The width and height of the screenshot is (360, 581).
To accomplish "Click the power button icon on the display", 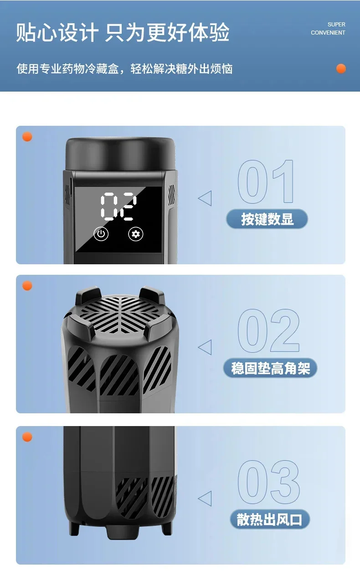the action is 101,234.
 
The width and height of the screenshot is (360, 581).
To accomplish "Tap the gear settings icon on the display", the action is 136,234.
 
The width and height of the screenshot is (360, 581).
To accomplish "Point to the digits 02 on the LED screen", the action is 118,207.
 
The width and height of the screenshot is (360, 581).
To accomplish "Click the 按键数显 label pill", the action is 267,219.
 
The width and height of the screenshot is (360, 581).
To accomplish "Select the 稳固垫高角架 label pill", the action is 270,368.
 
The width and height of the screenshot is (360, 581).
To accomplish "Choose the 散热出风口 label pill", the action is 270,519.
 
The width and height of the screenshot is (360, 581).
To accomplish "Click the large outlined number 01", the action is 266,181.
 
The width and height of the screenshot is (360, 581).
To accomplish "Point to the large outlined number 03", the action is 269,482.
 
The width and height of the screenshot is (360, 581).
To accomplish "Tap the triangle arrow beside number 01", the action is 205,198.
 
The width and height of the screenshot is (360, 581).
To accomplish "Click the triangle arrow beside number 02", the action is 205,347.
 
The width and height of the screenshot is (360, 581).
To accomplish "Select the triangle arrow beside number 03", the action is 205,498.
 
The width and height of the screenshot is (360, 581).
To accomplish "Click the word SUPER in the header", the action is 336,25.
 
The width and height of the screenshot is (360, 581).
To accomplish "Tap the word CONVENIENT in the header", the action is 328,33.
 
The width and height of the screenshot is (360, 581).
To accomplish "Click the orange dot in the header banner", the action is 341,69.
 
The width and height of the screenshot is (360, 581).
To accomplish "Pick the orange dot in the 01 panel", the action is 27,137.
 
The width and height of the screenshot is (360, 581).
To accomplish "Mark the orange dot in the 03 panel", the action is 27,437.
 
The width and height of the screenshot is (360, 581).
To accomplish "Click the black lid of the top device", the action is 120,154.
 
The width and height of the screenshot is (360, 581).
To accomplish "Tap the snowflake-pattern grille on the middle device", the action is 120,314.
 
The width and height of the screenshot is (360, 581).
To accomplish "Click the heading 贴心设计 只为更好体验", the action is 123,32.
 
